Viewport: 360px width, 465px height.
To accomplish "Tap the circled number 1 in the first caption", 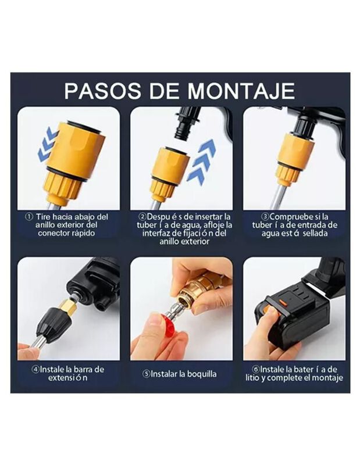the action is tap(28, 217).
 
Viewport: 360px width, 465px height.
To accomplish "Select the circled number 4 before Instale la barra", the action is tap(36, 370).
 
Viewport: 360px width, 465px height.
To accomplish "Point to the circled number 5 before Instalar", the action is tap(147, 374).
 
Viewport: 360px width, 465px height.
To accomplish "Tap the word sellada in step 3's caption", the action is tap(315, 233).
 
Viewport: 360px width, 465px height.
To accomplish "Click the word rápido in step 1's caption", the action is tap(83, 234).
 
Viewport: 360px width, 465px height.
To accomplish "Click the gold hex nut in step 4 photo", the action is tap(66, 306).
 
